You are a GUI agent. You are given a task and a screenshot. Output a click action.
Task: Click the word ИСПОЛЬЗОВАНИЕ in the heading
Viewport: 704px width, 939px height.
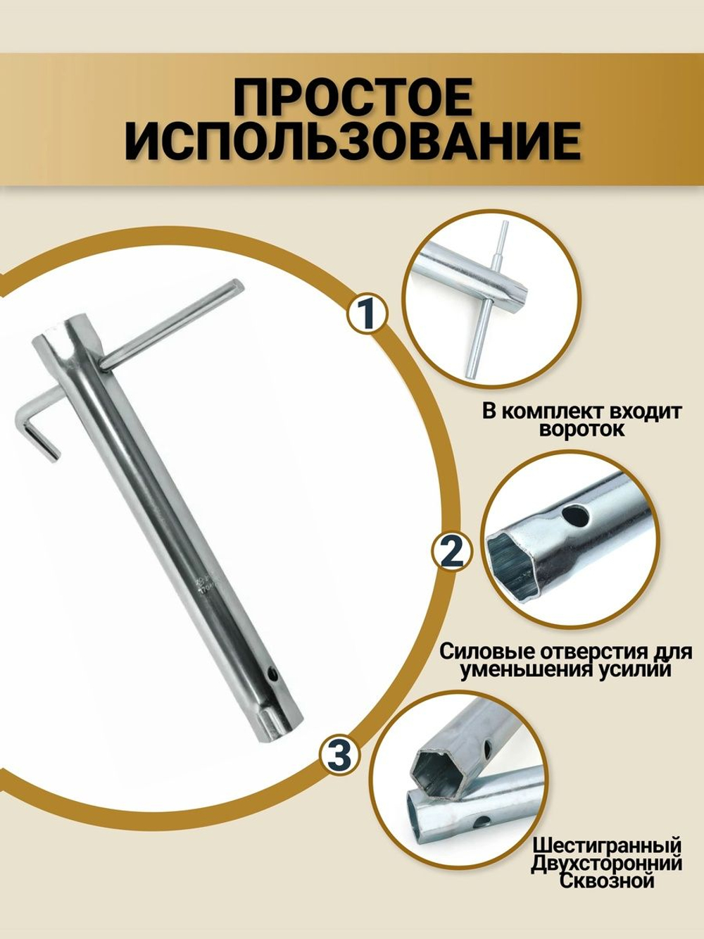pos(352,142)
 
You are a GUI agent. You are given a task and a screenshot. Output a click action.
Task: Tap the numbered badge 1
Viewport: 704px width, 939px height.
pos(367,314)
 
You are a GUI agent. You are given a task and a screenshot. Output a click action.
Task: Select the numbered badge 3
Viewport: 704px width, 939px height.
pos(339,756)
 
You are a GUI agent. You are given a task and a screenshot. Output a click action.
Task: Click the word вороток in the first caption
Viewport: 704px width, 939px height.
pos(581,429)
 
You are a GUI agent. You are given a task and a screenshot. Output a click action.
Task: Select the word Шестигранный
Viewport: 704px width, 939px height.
pos(606,844)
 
